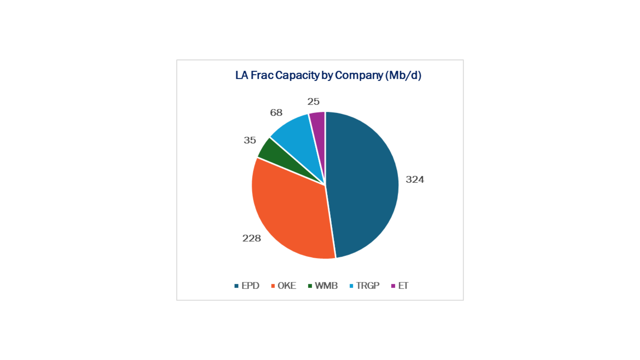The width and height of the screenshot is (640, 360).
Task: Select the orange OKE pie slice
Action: tap(290, 213)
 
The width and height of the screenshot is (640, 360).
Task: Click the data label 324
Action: tap(415, 180)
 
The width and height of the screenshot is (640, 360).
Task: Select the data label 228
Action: tap(251, 238)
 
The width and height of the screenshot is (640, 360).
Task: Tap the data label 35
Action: tap(250, 140)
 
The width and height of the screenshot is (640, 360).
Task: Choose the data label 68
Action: tap(276, 113)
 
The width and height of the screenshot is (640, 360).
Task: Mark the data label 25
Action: tap(313, 102)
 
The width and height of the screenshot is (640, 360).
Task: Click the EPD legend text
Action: tap(250, 286)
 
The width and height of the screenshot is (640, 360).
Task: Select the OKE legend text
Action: tap(287, 286)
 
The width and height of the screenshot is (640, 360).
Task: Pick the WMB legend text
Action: tap(326, 286)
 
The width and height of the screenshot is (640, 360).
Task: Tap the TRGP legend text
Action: tap(368, 286)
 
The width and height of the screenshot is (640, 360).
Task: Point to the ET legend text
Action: tap(403, 286)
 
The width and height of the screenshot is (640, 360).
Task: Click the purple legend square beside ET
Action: tap(393, 286)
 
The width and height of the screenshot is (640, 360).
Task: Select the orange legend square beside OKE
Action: tap(273, 286)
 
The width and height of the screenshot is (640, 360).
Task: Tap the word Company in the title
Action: tap(359, 75)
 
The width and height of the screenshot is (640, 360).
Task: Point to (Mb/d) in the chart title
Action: tap(403, 75)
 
